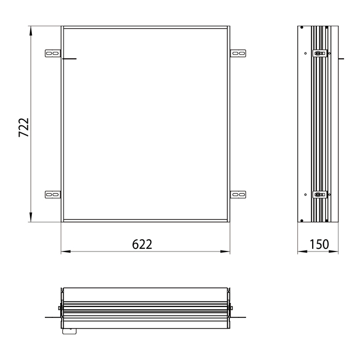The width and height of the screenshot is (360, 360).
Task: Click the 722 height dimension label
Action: tap(24, 128)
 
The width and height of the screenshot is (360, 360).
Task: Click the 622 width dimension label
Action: tap(142, 244)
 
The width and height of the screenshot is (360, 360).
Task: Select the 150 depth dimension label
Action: tap(319, 244)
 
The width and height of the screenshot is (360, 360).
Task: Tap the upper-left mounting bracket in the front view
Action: tap(52, 53)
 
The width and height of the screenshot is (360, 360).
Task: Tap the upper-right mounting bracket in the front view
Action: tap(238, 53)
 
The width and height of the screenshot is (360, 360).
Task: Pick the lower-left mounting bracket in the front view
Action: tap(52, 195)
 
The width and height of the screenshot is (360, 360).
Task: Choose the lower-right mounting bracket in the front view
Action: tap(238, 195)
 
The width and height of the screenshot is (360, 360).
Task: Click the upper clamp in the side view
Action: tap(320, 53)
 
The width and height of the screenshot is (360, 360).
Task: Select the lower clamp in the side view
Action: tap(320, 194)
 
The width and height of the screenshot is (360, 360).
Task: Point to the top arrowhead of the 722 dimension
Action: tap(31, 30)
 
